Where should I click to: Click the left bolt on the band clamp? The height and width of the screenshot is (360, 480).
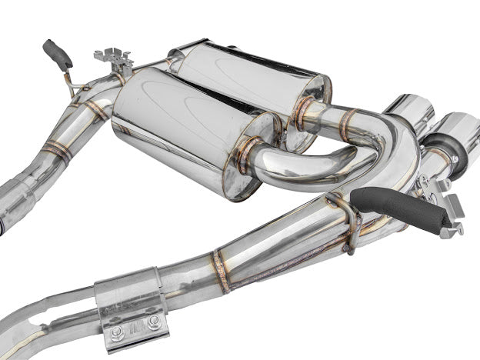pyautogui.click(x=117, y=332)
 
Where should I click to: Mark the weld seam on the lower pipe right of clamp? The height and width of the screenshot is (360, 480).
pyautogui.click(x=221, y=270)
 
